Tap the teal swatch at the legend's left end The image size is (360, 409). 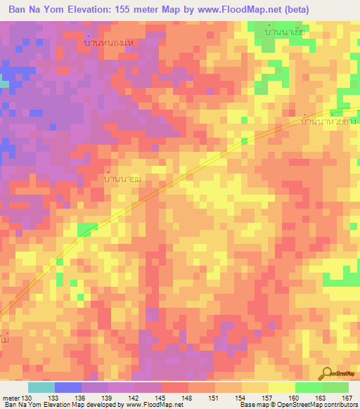[41, 387]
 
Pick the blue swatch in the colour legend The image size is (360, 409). [68, 387]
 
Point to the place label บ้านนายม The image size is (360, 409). [124, 180]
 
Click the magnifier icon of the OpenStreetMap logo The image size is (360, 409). [329, 373]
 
